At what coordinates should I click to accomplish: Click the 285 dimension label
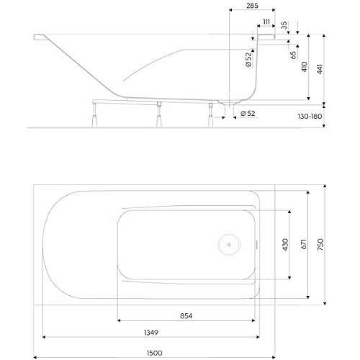click(252, 5)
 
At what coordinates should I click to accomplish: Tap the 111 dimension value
click(266, 22)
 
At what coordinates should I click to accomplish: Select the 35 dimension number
click(284, 25)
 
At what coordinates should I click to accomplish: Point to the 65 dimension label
click(293, 55)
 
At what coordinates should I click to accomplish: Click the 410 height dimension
click(305, 67)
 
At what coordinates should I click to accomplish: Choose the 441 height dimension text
click(320, 69)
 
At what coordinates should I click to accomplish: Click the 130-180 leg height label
click(310, 117)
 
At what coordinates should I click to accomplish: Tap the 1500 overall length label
click(154, 353)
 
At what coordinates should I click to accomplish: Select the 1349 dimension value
click(151, 333)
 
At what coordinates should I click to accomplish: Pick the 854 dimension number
click(186, 316)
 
